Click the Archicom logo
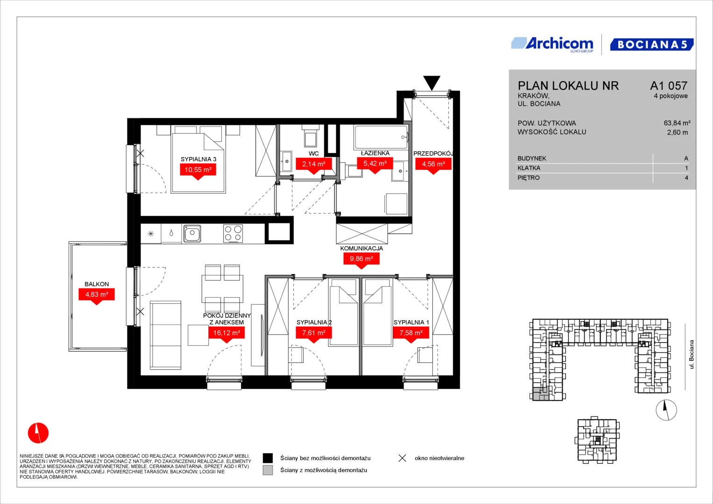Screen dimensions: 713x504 tap(552, 44)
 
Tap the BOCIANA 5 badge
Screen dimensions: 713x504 tap(652, 44)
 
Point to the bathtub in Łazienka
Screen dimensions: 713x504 tap(381, 137)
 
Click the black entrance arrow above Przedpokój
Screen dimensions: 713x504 tap(431, 83)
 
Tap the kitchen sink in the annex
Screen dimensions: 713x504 tap(192, 233)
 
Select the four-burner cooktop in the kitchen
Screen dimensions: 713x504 tap(233, 233)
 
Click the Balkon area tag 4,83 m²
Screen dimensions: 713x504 tap(97, 296)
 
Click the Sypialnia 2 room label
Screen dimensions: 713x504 tap(314, 322)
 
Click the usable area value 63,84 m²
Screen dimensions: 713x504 tap(677, 123)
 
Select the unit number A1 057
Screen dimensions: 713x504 tap(669, 85)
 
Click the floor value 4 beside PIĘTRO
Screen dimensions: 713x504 tap(686, 178)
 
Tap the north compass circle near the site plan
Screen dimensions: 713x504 tap(666, 410)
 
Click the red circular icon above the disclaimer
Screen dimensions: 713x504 tap(38, 433)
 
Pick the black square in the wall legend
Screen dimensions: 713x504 tap(268, 458)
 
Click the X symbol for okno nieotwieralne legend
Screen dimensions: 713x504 tap(402, 458)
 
